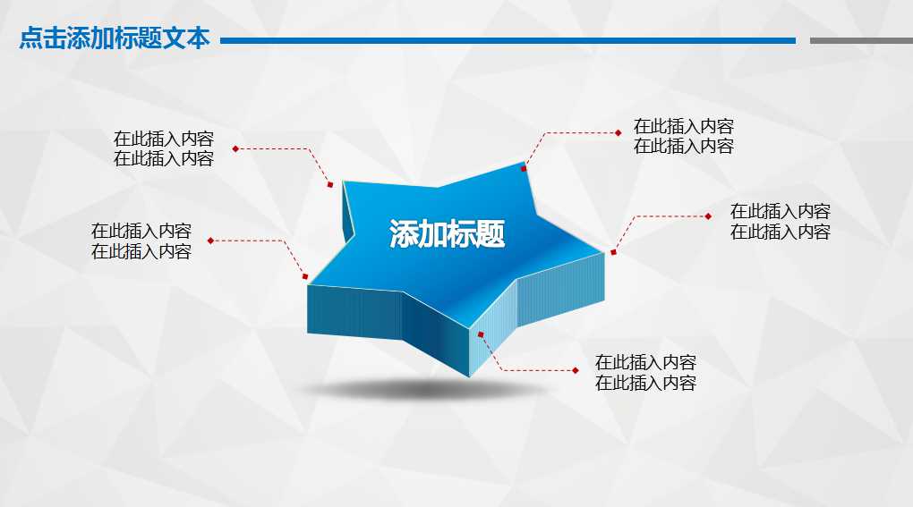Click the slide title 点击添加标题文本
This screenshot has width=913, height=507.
[115, 39]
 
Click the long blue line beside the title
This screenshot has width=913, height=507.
[508, 40]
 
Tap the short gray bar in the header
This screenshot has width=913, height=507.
[860, 40]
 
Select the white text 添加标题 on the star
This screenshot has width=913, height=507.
[447, 234]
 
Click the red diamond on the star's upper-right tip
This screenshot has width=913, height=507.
[525, 167]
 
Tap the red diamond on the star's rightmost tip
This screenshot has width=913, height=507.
[613, 252]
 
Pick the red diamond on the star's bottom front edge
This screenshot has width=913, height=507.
[481, 334]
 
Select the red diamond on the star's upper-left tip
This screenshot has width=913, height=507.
[330, 184]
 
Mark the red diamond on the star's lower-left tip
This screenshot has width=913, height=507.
[305, 276]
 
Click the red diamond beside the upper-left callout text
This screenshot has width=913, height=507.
[235, 148]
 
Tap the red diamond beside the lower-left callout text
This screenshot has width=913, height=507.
[210, 241]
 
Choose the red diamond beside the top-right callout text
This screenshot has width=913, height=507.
[619, 132]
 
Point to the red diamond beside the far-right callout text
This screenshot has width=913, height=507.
[708, 215]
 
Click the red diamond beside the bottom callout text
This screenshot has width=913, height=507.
[576, 369]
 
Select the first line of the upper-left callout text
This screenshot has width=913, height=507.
[164, 139]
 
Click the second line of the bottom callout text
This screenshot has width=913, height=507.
[645, 384]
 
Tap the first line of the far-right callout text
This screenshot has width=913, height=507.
[781, 211]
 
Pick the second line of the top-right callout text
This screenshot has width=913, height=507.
[684, 147]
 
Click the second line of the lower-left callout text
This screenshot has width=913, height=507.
[141, 251]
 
